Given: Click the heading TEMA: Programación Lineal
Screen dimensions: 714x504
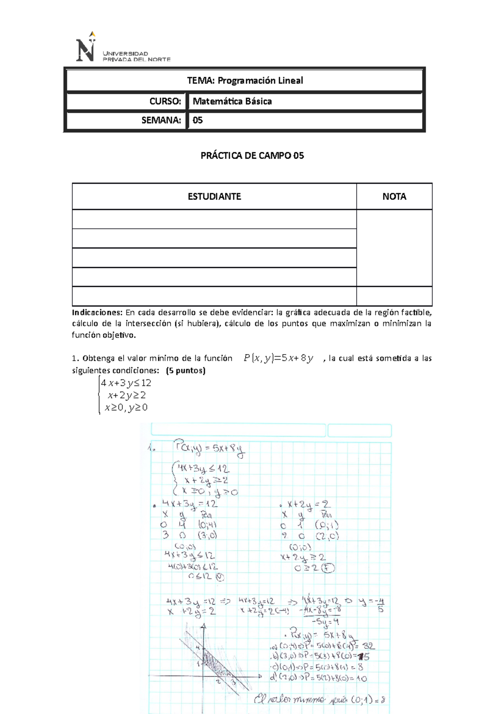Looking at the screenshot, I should [x=245, y=80].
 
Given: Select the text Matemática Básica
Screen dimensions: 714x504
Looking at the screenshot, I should [x=232, y=101].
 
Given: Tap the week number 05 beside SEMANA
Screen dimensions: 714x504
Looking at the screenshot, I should [x=197, y=120].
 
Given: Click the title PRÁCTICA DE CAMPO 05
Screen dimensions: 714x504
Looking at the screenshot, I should [x=252, y=156].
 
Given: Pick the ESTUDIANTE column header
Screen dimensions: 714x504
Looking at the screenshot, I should [x=214, y=196].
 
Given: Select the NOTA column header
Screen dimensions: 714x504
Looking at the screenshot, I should [x=394, y=196].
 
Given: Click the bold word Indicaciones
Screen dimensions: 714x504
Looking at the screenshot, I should [x=97, y=312].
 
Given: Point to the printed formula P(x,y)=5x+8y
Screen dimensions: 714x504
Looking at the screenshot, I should [x=278, y=358].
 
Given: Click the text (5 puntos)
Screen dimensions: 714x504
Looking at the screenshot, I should [x=186, y=370].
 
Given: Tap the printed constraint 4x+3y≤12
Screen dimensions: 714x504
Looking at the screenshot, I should [x=126, y=383].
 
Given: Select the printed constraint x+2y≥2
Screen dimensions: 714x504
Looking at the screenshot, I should [x=126, y=395].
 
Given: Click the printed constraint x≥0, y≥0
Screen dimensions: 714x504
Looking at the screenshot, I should [x=126, y=407].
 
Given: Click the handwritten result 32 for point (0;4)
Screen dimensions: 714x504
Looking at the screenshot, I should [x=368, y=645].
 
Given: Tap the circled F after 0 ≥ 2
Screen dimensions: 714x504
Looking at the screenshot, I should [x=328, y=569].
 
